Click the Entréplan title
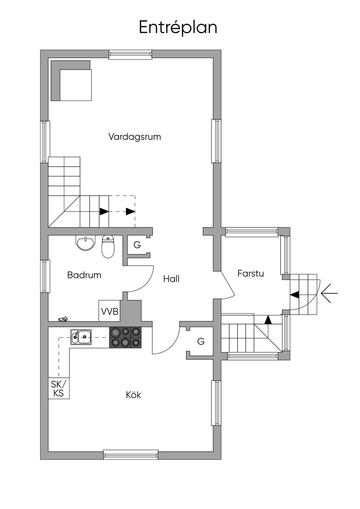(x=178, y=27)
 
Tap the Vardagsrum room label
(x=135, y=136)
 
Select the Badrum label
(x=84, y=275)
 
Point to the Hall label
(x=171, y=279)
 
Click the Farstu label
(x=250, y=273)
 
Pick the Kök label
(x=133, y=395)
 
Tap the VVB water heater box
(x=109, y=311)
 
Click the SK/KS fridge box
(x=59, y=388)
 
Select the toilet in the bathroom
(x=108, y=246)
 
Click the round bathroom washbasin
(x=85, y=243)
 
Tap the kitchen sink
(x=81, y=337)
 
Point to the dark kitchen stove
(x=126, y=337)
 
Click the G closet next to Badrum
(x=137, y=245)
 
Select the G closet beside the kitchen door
(x=201, y=341)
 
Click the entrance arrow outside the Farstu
(x=329, y=293)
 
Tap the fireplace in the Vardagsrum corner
(x=71, y=80)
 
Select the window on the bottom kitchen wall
(x=131, y=455)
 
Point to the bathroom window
(x=45, y=276)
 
